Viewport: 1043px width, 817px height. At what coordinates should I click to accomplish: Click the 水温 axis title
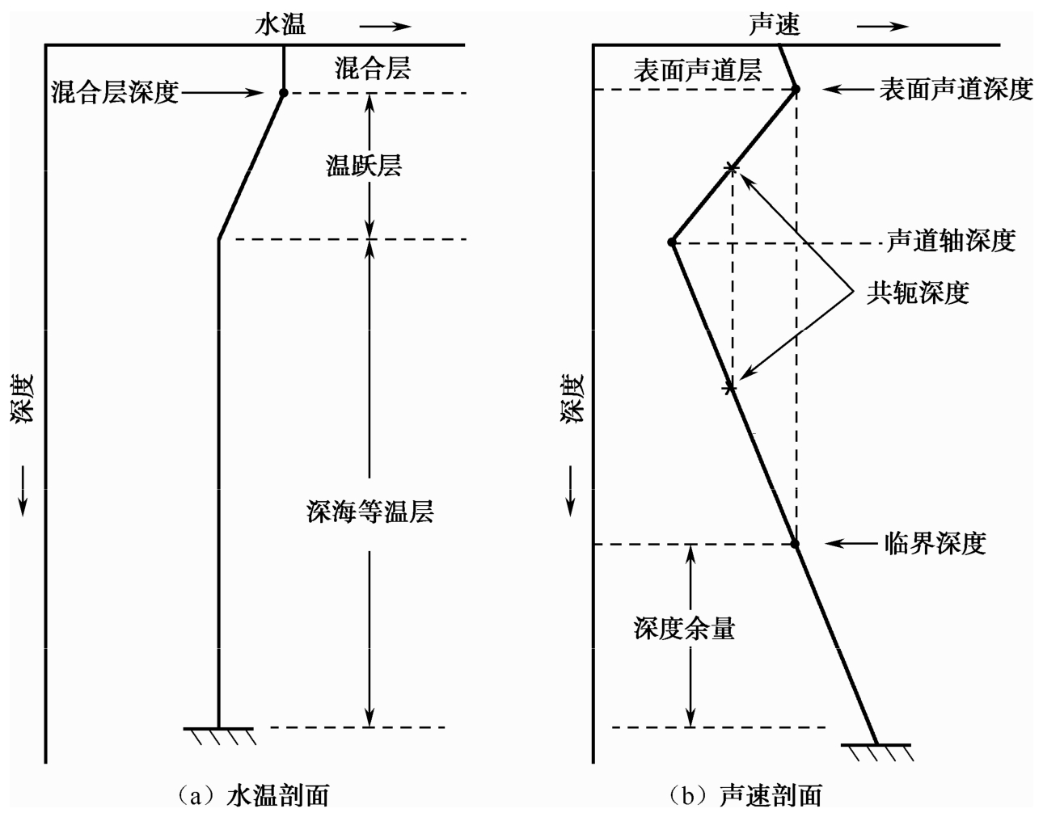click(x=281, y=24)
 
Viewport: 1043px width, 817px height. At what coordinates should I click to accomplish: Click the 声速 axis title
click(x=774, y=24)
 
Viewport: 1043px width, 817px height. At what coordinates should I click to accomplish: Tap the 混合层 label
click(x=372, y=68)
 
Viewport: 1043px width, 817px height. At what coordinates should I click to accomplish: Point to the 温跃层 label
click(x=363, y=166)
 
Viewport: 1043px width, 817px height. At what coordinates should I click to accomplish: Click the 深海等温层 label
click(x=369, y=512)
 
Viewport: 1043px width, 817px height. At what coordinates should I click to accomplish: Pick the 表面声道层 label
click(x=697, y=71)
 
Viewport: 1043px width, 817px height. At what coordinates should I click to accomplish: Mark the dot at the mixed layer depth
click(x=284, y=93)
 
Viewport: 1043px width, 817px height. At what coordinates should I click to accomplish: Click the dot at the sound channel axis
click(x=672, y=242)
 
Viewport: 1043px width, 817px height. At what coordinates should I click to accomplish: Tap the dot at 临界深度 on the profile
click(x=795, y=544)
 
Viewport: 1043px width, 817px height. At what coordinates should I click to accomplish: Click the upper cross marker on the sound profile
click(x=731, y=168)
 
